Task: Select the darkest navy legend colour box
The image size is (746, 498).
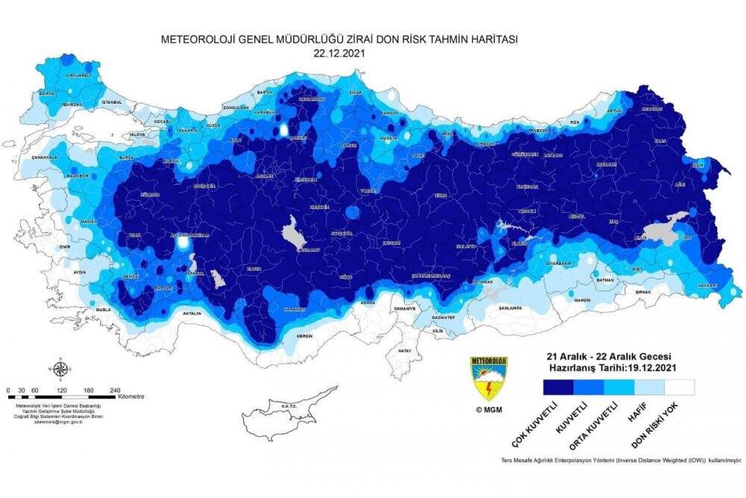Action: [558, 387]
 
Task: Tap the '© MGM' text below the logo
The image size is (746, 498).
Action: [488, 409]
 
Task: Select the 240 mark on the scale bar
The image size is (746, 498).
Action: [115, 390]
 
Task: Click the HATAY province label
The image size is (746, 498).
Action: [405, 350]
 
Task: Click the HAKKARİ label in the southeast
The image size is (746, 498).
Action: [695, 284]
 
